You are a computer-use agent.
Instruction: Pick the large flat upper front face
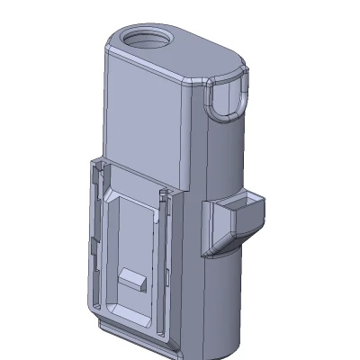[x=148, y=117]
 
